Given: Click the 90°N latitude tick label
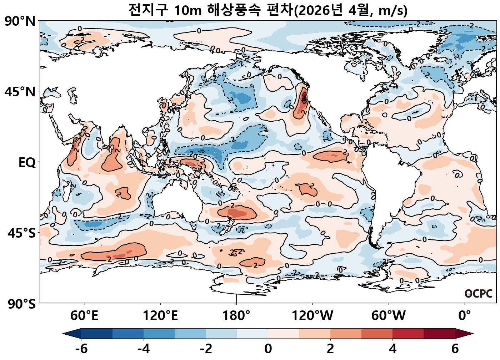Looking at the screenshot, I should pos(20,21).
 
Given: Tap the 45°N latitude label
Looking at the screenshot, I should pos(20,92).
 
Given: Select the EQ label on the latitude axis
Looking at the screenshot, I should pos(27,163).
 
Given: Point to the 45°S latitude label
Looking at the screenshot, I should pos(21,233).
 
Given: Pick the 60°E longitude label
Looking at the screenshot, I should pos(84,316).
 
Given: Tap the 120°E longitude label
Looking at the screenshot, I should pos(160,316).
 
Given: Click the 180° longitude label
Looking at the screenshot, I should pos(236,316).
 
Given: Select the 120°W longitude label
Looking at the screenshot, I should pos(312,316).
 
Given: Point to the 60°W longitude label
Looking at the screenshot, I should pos(389,316).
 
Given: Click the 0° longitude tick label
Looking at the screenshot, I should pos(465,316).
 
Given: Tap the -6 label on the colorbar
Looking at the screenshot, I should pos(81,349).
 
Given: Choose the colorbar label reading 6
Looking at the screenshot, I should pos(455,349).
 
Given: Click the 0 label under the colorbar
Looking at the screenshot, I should pos(268,349).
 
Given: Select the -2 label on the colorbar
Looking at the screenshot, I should pos(206,349).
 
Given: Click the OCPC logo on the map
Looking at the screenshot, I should pos(479,294).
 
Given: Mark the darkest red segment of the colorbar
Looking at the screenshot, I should pos(439,334).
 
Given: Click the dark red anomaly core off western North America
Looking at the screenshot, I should pos(304,97).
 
